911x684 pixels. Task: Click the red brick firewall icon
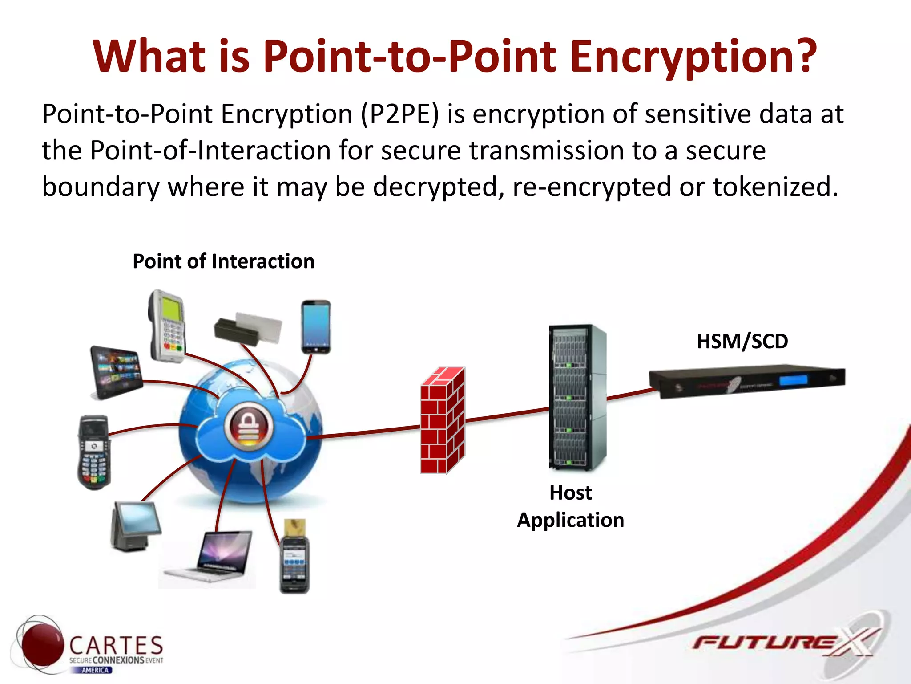443,421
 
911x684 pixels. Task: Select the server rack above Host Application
577,397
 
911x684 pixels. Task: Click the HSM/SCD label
742,342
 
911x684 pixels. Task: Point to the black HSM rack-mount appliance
747,381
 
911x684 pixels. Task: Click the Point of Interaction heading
223,261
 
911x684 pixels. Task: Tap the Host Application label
571,506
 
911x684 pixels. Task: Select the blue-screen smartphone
316,327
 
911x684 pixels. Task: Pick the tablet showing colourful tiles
116,372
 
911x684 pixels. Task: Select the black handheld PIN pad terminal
94,452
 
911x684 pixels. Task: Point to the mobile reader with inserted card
294,559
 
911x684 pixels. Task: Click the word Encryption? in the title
693,57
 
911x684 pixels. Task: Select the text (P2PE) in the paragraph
399,114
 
